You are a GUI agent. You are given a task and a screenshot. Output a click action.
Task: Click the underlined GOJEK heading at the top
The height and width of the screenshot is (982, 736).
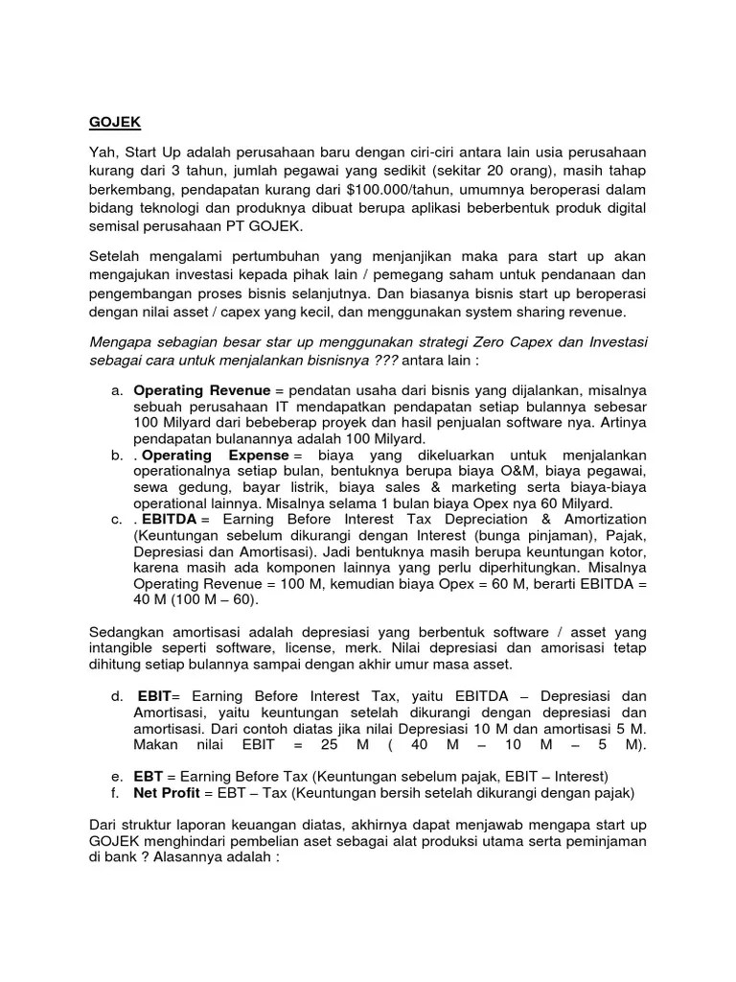114,124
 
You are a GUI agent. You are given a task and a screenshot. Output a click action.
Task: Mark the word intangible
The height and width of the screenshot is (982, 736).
125,649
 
